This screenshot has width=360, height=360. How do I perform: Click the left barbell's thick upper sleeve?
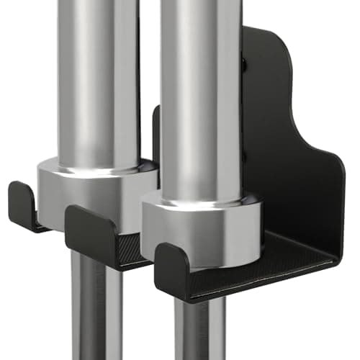click(x=97, y=79)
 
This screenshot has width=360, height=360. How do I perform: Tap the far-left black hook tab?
click(x=24, y=205)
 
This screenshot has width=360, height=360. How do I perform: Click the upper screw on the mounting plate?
click(x=244, y=65)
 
